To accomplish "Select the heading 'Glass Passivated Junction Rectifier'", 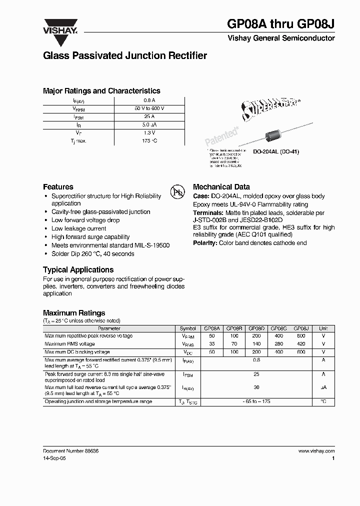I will (x=124, y=56).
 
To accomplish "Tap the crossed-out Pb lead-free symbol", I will (x=177, y=192).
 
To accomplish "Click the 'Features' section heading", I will (x=58, y=186).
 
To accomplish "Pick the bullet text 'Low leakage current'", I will (x=78, y=228).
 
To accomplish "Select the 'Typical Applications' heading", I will (x=78, y=269).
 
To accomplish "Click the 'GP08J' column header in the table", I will (x=301, y=328).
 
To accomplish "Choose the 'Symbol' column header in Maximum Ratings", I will (x=188, y=328).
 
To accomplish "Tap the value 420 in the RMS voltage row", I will (x=301, y=344).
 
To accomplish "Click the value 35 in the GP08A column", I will (x=211, y=344).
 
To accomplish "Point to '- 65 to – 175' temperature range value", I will (x=256, y=401).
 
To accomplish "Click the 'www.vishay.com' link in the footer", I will (x=316, y=450).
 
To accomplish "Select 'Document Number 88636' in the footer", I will (x=70, y=450).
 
